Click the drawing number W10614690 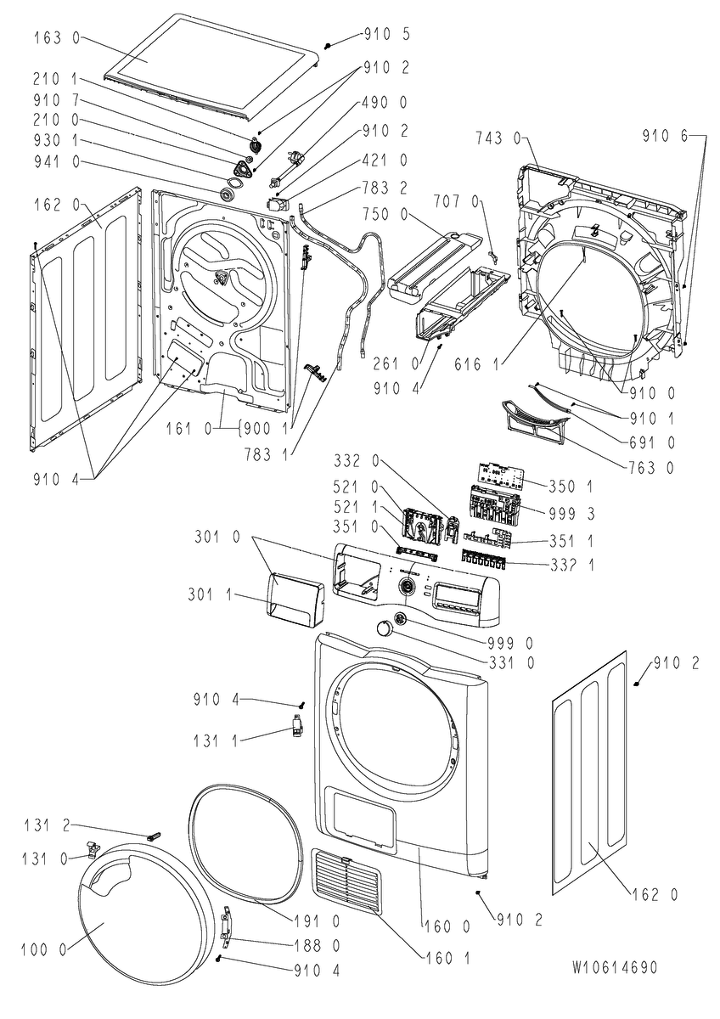(x=615, y=967)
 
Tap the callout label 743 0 (x=498, y=138)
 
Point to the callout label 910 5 (x=386, y=34)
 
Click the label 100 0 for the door (x=43, y=950)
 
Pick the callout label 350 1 (x=571, y=487)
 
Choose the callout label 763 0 (x=652, y=468)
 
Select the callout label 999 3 (x=571, y=514)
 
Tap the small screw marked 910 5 (x=328, y=46)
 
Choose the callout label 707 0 (x=456, y=201)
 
